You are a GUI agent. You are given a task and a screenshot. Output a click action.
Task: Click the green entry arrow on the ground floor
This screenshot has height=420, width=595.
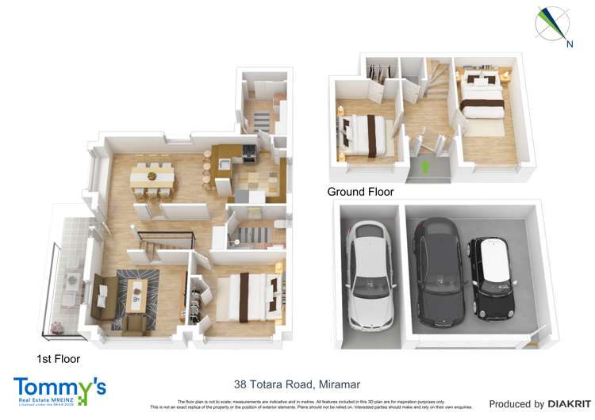(425, 167)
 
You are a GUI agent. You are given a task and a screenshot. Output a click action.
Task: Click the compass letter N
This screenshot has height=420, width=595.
(569, 44)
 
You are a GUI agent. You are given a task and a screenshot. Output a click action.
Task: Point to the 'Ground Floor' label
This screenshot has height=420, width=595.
(360, 192)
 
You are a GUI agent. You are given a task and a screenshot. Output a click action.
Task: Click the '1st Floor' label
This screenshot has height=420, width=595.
(58, 359)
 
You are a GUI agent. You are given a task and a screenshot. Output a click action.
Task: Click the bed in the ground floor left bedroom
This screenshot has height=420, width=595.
(366, 133)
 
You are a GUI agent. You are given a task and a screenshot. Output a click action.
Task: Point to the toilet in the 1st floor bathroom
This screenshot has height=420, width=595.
(277, 227)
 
